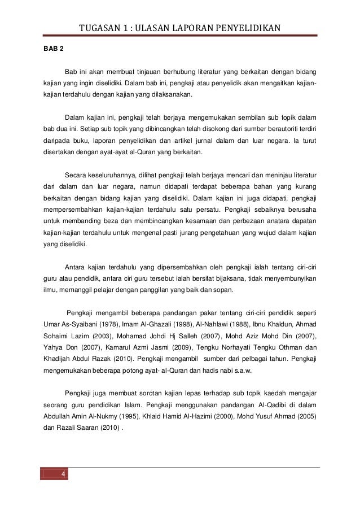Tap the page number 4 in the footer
63,473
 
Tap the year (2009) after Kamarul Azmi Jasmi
208,347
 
